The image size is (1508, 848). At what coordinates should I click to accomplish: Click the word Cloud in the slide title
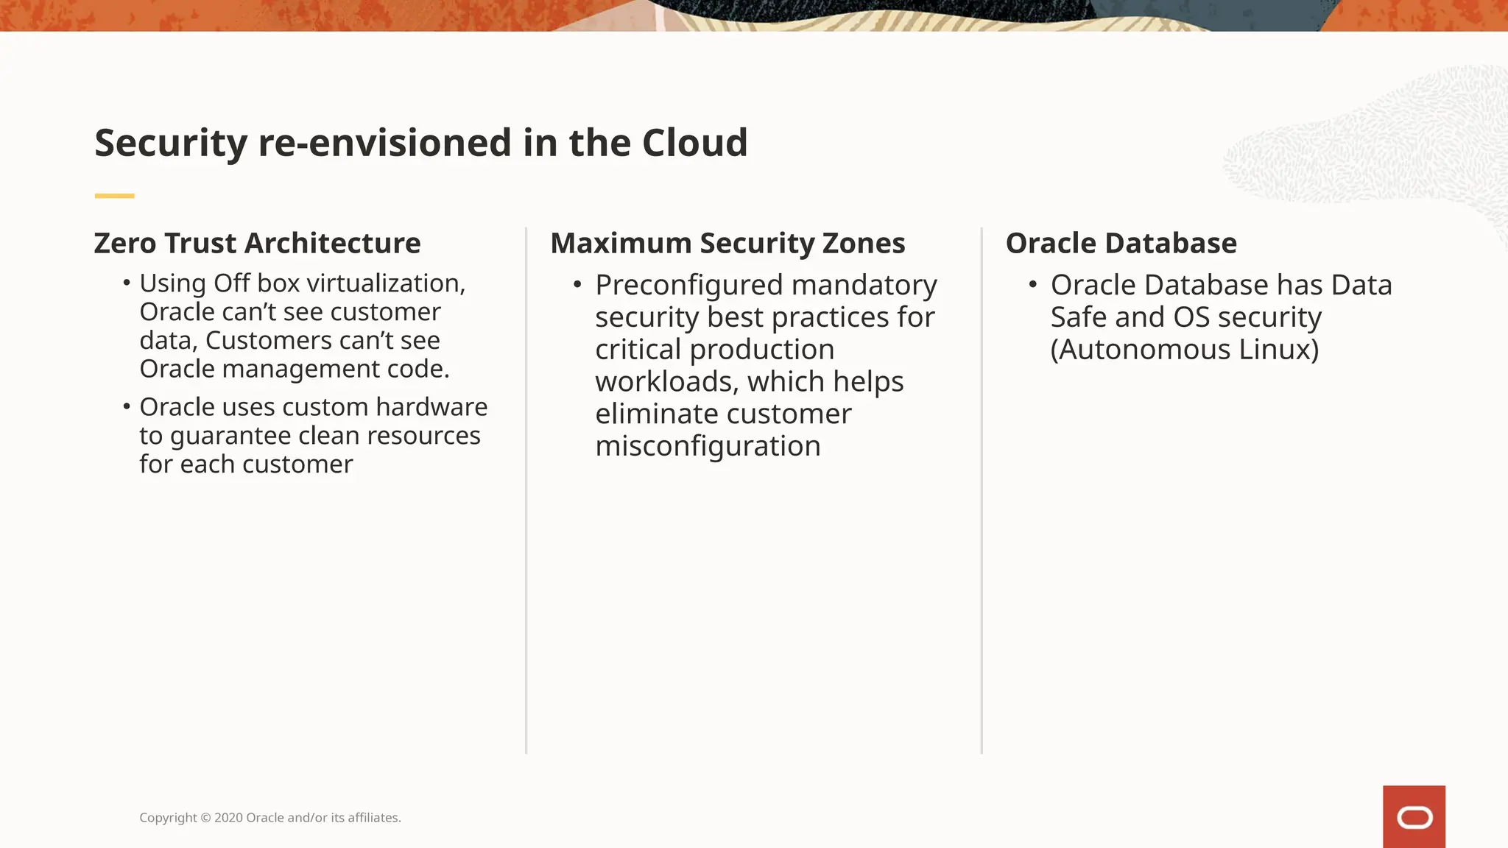click(x=694, y=143)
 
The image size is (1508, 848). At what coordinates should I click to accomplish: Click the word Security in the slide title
click(x=171, y=143)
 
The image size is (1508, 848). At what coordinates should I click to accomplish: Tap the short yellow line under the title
click(x=114, y=196)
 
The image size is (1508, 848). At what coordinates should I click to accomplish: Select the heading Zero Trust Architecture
click(x=257, y=243)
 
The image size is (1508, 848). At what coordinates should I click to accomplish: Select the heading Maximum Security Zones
click(x=727, y=243)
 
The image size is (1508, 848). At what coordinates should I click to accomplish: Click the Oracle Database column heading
click(x=1121, y=243)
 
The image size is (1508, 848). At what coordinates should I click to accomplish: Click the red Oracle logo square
click(x=1414, y=816)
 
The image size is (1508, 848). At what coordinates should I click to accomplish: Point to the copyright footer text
click(x=270, y=818)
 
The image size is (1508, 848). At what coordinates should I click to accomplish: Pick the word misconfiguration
click(x=708, y=446)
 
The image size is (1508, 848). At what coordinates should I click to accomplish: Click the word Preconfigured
click(x=688, y=286)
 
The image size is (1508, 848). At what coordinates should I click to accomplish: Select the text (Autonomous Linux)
click(x=1184, y=350)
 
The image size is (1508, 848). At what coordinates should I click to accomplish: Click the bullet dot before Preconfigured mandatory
click(x=577, y=285)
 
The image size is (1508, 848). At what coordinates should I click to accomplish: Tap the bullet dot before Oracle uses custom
click(x=127, y=406)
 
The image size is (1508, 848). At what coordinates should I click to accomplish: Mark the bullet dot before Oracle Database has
click(x=1033, y=285)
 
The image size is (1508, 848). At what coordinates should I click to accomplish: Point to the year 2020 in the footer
click(x=228, y=818)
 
